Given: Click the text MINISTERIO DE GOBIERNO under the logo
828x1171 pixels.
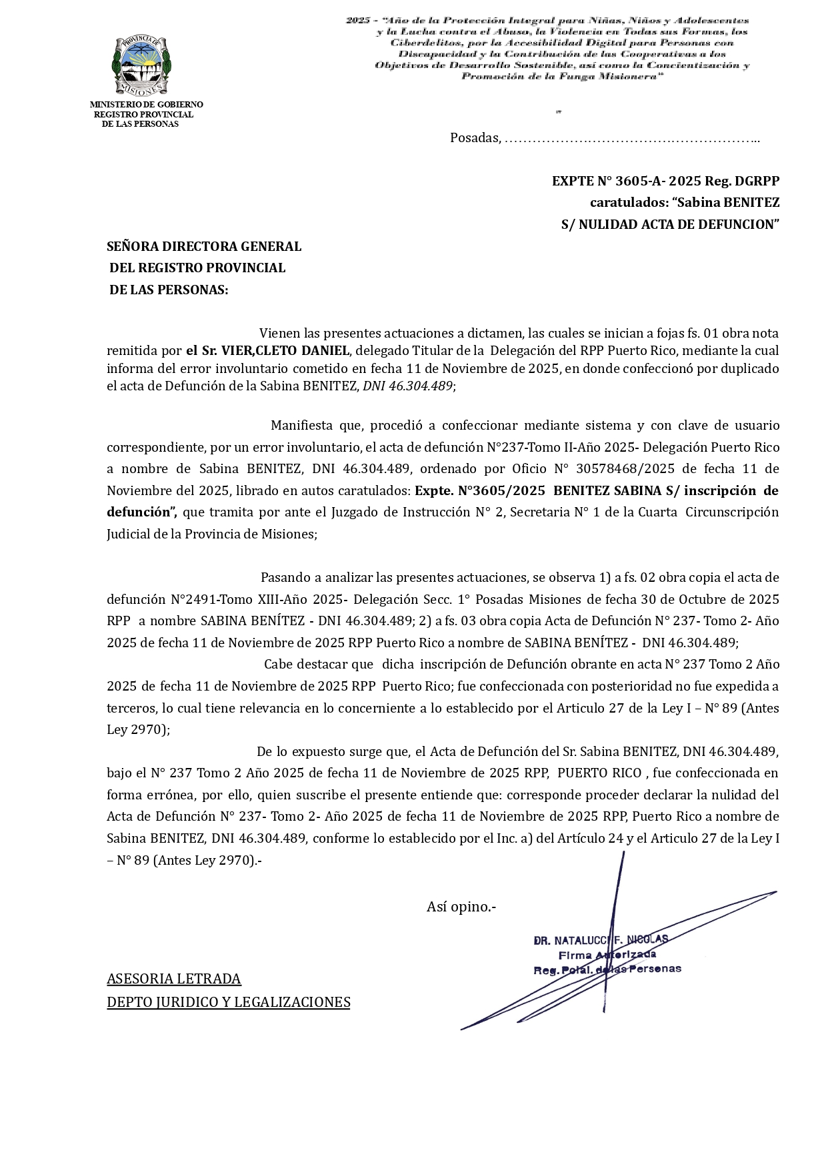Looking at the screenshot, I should [146, 105].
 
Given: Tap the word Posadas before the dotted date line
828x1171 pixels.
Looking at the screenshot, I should [474, 138].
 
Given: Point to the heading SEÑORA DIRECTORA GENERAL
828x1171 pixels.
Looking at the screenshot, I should [204, 246].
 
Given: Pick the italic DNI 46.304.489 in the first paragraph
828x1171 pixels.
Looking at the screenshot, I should [407, 386].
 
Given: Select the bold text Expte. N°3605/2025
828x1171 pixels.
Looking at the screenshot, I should [480, 490].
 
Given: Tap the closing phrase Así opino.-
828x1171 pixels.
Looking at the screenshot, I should [461, 907].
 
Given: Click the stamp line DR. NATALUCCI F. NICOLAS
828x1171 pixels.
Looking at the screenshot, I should [601, 940].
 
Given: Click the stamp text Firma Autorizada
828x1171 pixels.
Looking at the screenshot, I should [607, 955].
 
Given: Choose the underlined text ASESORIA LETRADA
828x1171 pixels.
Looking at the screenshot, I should [174, 979].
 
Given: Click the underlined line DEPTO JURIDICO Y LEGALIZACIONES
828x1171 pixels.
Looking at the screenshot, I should [229, 1002].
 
